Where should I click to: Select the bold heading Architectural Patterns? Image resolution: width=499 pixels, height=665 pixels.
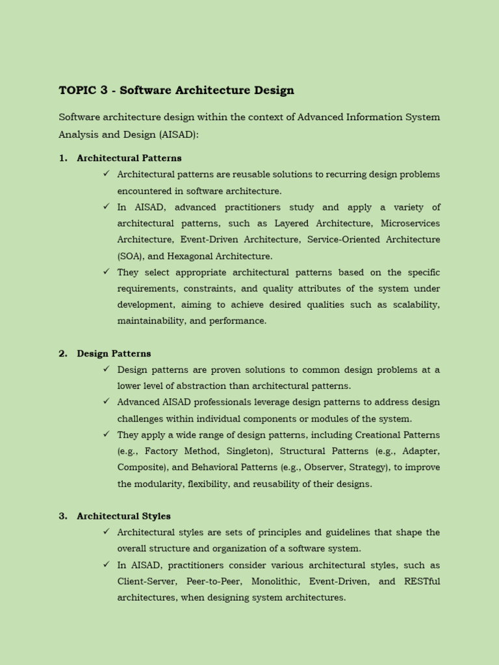129,158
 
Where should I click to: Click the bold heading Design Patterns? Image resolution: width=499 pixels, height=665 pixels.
114,353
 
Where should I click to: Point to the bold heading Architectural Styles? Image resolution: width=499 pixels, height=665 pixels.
123,516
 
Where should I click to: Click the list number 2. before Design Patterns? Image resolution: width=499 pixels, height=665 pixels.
63,353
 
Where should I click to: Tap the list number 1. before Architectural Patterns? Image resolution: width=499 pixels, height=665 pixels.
63,158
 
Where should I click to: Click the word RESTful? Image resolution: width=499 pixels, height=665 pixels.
422,581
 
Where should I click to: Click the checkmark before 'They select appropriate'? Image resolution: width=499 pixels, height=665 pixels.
106,271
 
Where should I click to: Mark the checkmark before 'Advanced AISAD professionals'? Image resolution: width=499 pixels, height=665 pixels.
106,402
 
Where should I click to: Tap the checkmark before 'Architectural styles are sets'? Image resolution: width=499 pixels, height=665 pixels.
106,532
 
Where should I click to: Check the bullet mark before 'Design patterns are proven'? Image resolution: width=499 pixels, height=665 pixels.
106,369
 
